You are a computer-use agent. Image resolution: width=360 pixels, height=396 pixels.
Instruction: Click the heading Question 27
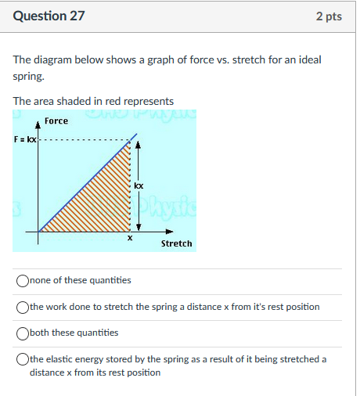tap(49, 16)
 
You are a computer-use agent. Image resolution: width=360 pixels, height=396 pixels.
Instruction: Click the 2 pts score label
tap(329, 16)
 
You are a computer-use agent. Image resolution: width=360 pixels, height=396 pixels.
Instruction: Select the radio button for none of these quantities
tap(23, 280)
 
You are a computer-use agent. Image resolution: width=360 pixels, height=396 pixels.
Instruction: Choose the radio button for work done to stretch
tap(23, 307)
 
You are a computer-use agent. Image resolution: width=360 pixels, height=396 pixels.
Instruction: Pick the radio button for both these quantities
tap(23, 333)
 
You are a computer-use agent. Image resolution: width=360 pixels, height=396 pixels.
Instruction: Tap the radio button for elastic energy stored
tap(23, 359)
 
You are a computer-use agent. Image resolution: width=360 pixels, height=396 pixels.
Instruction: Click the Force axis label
tap(56, 121)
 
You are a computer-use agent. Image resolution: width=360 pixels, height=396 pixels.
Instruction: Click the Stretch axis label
tap(176, 243)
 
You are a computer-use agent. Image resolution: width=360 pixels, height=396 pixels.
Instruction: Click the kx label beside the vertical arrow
tap(139, 185)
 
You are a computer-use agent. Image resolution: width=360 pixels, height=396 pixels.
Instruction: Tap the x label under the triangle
tap(130, 238)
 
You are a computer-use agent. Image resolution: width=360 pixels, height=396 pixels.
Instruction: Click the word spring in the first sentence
tap(27, 77)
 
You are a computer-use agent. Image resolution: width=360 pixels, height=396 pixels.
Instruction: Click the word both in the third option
tap(40, 333)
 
